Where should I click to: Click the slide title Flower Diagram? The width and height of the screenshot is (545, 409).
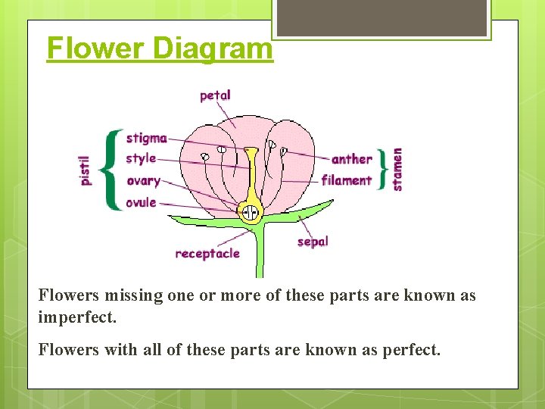pyautogui.click(x=159, y=48)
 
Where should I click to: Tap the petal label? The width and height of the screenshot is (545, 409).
pyautogui.click(x=215, y=95)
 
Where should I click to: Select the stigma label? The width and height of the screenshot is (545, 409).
pyautogui.click(x=146, y=138)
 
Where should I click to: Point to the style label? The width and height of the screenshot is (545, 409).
pyautogui.click(x=141, y=158)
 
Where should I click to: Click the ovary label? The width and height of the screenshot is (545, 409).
pyautogui.click(x=143, y=180)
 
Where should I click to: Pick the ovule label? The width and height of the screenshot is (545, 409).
pyautogui.click(x=141, y=202)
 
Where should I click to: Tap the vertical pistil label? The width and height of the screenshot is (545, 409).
pyautogui.click(x=86, y=170)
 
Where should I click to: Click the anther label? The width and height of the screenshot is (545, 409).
pyautogui.click(x=351, y=159)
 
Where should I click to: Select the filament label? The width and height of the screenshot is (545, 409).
pyautogui.click(x=346, y=180)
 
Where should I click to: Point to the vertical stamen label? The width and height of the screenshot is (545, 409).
pyautogui.click(x=397, y=168)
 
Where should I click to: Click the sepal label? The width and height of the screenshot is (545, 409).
pyautogui.click(x=313, y=242)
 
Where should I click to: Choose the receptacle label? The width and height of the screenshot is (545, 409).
pyautogui.click(x=207, y=254)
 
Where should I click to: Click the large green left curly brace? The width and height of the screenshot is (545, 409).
pyautogui.click(x=112, y=170)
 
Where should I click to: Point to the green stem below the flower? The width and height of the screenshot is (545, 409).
pyautogui.click(x=260, y=254)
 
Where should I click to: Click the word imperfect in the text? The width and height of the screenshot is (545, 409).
pyautogui.click(x=77, y=317)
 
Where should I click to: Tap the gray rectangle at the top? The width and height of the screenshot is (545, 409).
pyautogui.click(x=381, y=17)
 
